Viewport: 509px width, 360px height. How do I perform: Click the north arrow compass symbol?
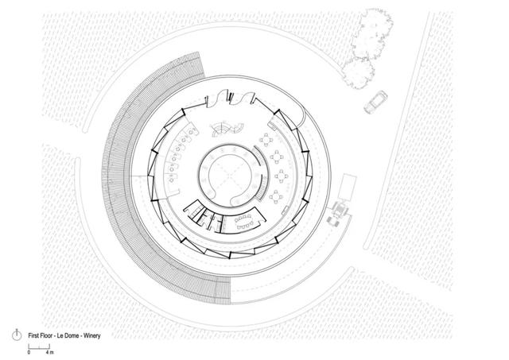pos(17,335)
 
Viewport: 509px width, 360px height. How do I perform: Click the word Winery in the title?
pos(92,336)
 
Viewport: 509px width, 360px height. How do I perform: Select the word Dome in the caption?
pos(72,336)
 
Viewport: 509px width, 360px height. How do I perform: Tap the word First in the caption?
pos(33,336)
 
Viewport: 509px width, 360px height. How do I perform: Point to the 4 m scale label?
pos(49,352)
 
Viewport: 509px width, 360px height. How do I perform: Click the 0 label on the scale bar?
pos(29,352)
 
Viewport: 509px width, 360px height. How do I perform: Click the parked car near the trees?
pos(375,102)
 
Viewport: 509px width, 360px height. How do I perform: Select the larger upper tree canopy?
pos(373,34)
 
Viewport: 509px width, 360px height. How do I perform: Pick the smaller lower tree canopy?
pos(359,73)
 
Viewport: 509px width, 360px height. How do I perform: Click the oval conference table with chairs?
pos(245,222)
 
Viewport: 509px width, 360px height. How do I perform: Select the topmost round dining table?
pos(266,140)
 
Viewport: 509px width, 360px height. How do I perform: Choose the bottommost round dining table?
pos(276,196)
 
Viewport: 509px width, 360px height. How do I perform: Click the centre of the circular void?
pos(230,176)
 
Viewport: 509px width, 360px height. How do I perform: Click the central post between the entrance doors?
pos(231,97)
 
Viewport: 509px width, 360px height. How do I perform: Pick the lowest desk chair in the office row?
pos(171,179)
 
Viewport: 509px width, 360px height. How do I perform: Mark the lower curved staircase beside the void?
pos(263,188)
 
